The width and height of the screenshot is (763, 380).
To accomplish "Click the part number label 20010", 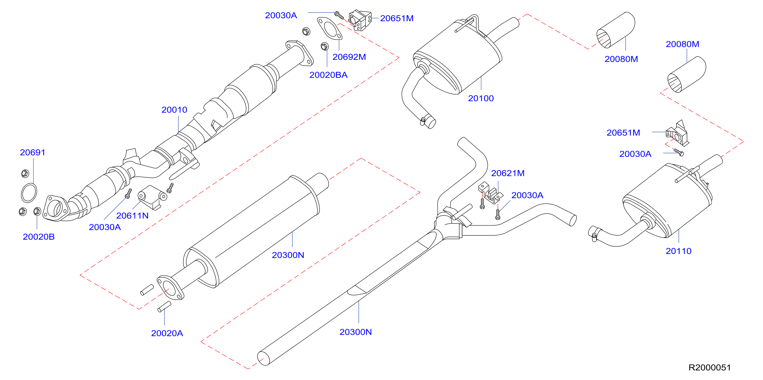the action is pos(174,110).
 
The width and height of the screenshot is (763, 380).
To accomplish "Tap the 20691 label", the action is pos(32,152).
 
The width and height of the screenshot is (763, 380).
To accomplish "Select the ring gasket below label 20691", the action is pos(29,193).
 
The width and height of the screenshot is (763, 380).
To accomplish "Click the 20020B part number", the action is pos(39,237).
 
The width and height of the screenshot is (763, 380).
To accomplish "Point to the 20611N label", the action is pos(132,216).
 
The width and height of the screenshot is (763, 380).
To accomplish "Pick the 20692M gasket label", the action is pos(349,57).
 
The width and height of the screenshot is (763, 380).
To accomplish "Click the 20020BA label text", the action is pos(329,75).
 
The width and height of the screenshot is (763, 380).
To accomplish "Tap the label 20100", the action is pos(481,98).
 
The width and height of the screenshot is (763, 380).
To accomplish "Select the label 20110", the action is pos(678,251).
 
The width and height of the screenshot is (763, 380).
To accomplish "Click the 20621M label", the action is pos(508,173).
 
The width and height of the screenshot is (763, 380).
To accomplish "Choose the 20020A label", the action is pos(167,333).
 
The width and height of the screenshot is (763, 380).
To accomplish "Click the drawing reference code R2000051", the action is pos(710,367).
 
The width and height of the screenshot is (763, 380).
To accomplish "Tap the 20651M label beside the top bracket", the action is pos(397,18).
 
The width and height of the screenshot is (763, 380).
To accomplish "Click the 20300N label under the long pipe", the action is pos(355,332).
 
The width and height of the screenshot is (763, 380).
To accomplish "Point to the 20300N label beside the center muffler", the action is pos(288,255).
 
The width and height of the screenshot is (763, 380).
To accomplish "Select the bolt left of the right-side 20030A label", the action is pos(679,152).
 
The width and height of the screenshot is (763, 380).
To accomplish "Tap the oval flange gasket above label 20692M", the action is pos(330,28).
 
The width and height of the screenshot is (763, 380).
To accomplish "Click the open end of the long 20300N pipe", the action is pos(263,359).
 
